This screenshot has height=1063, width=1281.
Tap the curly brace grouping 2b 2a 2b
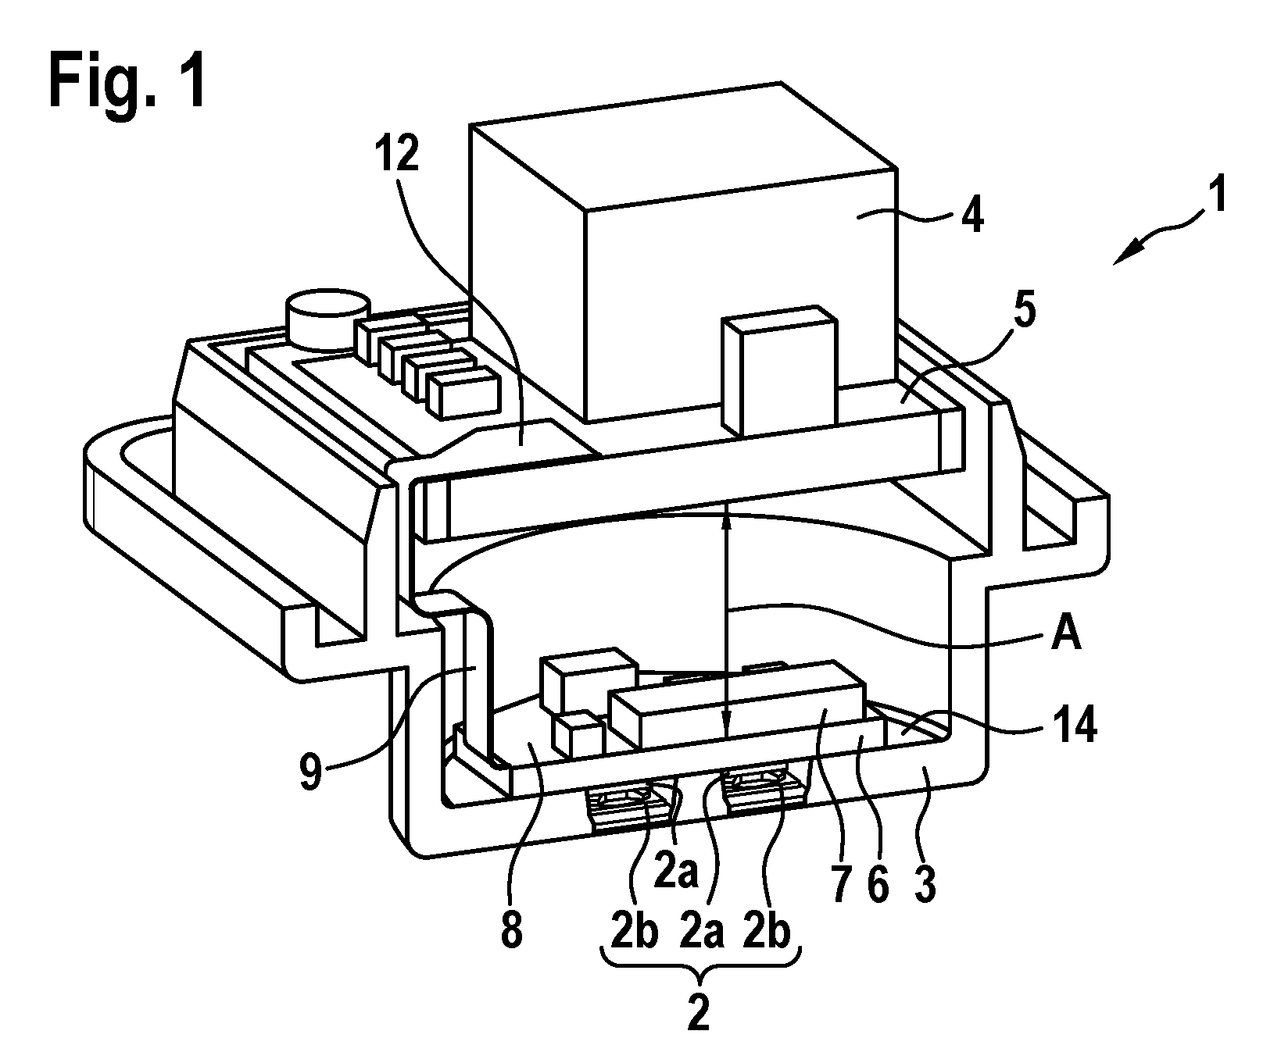pyautogui.click(x=700, y=961)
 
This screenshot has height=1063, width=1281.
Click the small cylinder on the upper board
pyautogui.click(x=327, y=321)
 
